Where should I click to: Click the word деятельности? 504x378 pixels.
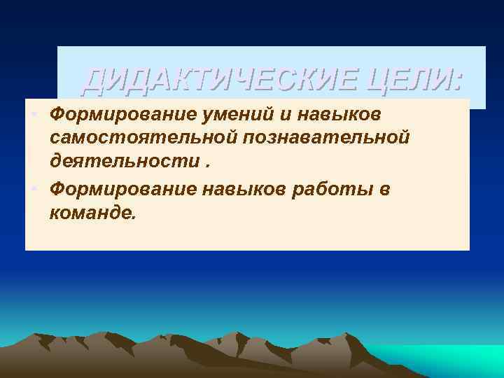124,162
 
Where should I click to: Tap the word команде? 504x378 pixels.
91,212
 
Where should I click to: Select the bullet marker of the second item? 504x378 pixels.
33,188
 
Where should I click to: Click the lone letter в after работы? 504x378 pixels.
384,188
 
